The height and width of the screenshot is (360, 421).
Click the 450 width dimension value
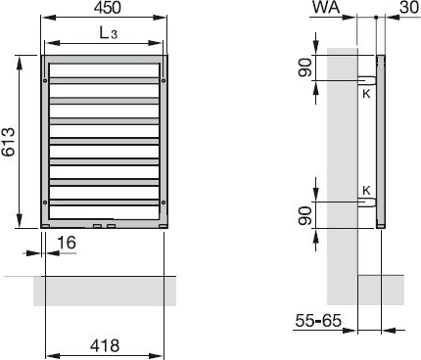[x=108, y=8]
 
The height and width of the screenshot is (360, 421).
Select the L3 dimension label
[x=109, y=33]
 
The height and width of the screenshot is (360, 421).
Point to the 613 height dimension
[x=8, y=142]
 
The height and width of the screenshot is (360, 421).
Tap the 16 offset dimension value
[x=67, y=243]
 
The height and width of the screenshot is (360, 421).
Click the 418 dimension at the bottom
[x=105, y=345]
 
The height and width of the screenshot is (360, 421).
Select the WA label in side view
[x=326, y=8]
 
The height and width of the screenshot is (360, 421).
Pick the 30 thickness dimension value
[x=409, y=8]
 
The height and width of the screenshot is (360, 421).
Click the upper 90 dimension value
[x=305, y=67]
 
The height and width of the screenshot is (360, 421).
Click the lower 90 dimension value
[x=305, y=216]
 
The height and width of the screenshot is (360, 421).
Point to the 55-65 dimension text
[x=318, y=321]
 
